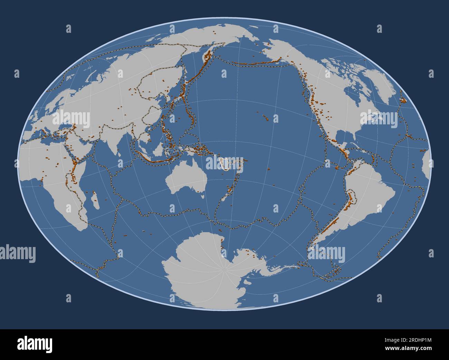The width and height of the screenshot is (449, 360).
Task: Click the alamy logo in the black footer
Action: pyautogui.click(x=35, y=344)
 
